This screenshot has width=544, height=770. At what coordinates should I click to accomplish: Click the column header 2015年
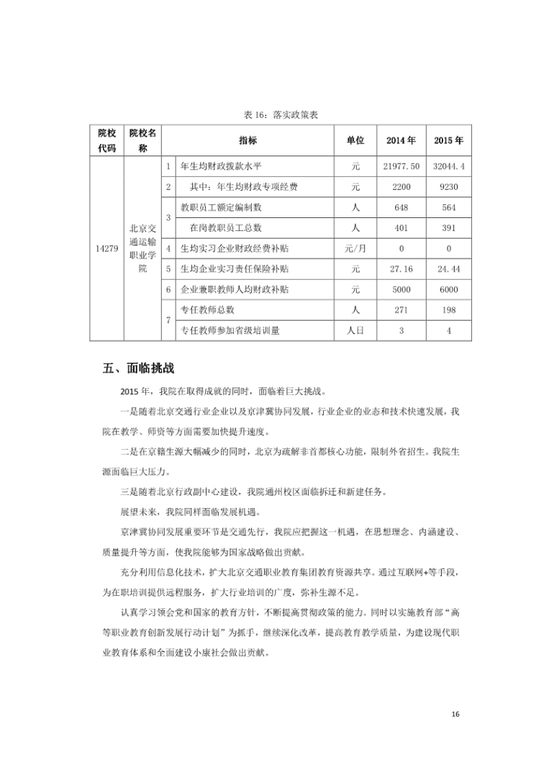tap(448, 140)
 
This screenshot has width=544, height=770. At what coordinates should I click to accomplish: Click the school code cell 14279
tap(106, 248)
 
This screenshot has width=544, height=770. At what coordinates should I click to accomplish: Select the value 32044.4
tap(448, 166)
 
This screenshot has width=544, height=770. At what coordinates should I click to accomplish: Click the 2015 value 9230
tap(448, 187)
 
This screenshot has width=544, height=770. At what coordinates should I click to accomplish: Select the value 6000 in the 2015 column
tap(448, 289)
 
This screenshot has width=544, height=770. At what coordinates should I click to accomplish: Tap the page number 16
tap(454, 714)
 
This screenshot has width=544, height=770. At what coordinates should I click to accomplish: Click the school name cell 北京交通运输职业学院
tap(142, 248)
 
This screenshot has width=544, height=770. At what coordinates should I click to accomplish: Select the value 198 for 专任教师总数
tap(448, 310)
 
